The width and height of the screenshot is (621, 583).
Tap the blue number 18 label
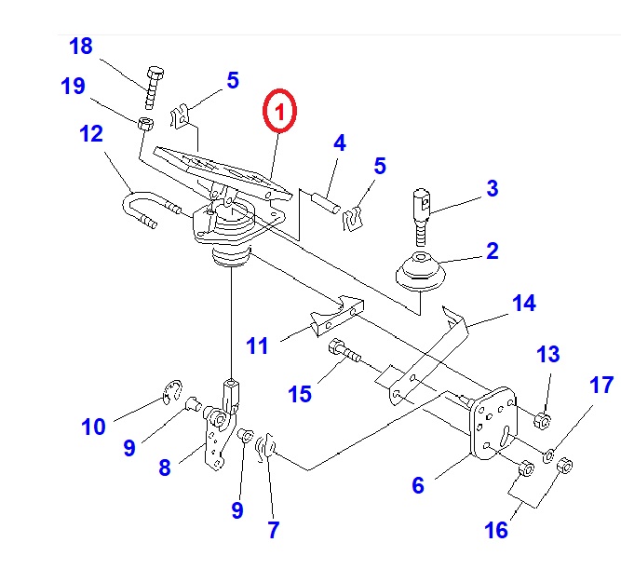[81, 47]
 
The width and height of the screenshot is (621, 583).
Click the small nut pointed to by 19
[146, 125]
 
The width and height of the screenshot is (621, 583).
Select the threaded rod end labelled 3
[422, 213]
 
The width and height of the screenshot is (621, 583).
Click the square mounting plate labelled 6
[491, 425]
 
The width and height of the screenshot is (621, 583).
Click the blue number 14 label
[523, 304]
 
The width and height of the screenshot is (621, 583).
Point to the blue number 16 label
[496, 530]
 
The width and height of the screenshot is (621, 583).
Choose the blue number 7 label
[272, 530]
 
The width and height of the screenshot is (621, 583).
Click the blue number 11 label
[257, 346]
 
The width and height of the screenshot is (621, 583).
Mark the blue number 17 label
[601, 385]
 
